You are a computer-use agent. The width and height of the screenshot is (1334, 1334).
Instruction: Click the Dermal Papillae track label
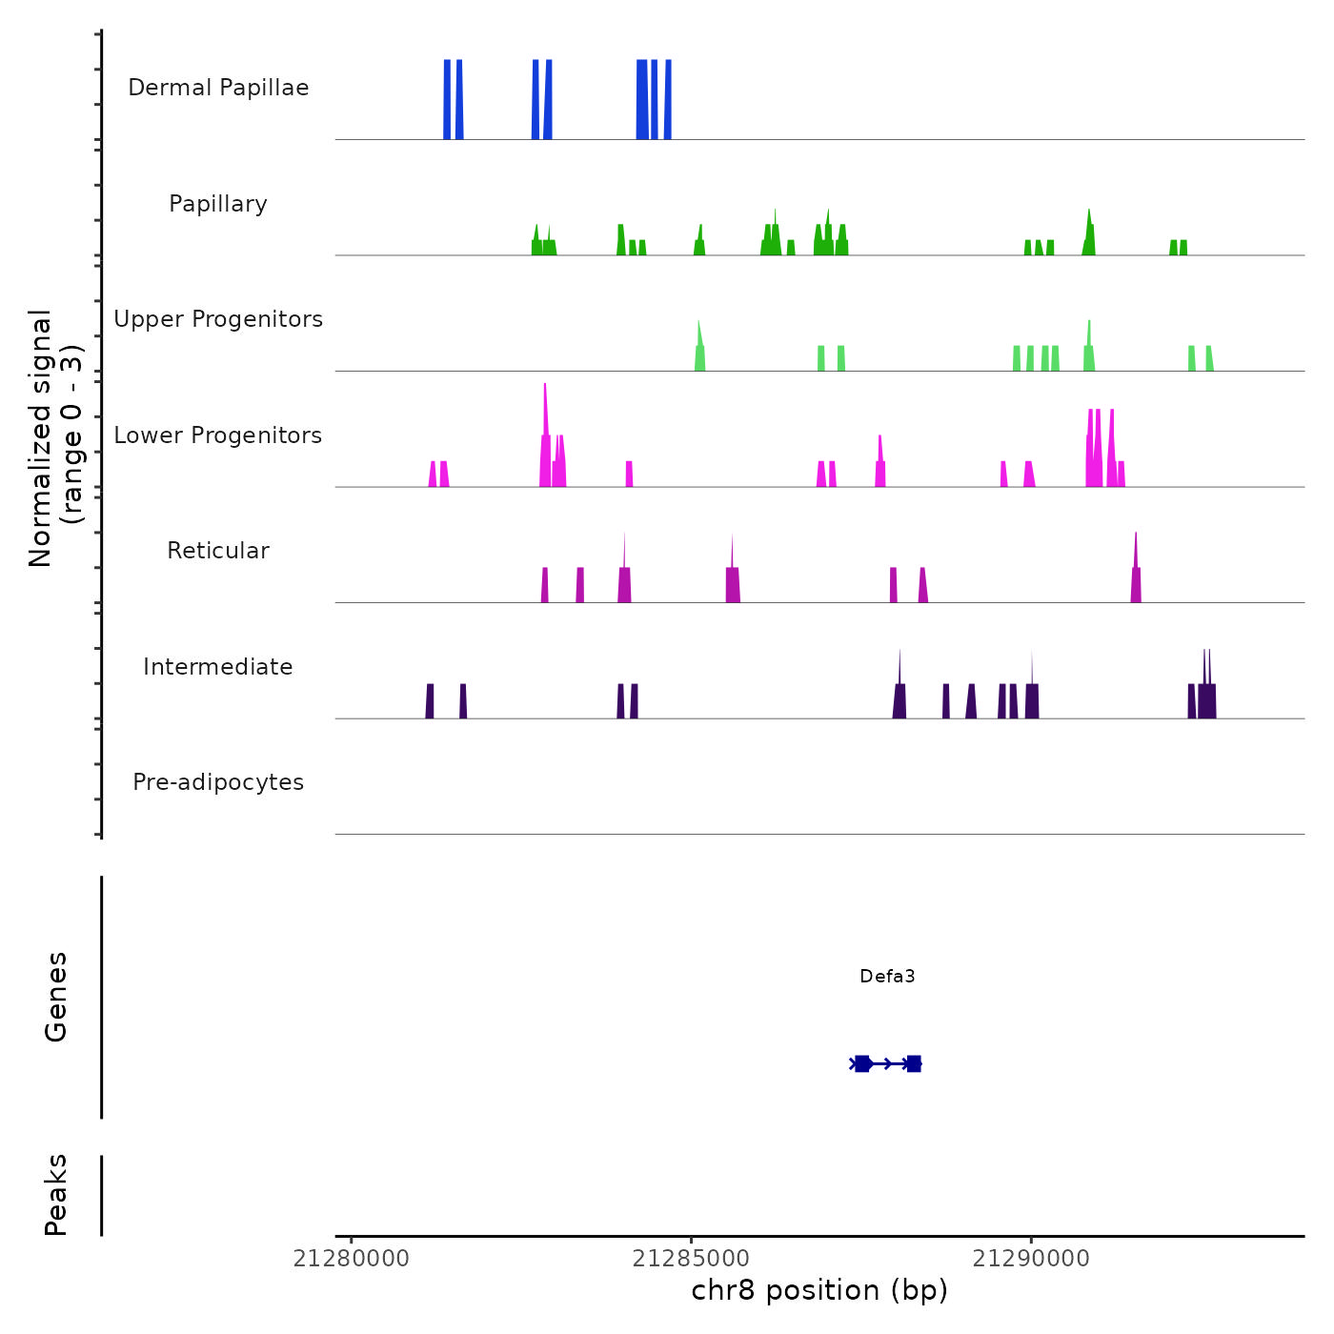coord(218,88)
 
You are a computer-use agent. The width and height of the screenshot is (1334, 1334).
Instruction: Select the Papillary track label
coord(218,204)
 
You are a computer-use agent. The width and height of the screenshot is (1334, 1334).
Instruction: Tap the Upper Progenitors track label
coord(218,319)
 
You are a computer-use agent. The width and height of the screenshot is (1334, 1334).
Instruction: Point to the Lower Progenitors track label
coord(218,435)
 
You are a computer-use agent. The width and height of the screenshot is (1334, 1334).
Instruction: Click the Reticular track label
coord(218,551)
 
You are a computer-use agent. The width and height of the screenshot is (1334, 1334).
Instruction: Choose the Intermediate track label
coord(218,667)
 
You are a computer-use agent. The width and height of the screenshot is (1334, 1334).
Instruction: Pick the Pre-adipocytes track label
coord(218,782)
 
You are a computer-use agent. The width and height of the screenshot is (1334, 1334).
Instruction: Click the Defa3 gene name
coord(887,976)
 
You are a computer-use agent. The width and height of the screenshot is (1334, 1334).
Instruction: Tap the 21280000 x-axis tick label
coord(352,1259)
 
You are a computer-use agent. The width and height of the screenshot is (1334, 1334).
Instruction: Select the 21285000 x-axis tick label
coord(691,1259)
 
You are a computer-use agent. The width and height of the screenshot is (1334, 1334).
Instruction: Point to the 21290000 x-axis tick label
coord(1031,1259)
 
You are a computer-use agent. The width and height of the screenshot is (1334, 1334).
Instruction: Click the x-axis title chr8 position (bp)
coord(819,1290)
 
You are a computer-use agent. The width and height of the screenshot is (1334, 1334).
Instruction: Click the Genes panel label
coord(56,997)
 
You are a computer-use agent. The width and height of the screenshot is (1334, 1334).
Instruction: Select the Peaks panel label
coord(56,1195)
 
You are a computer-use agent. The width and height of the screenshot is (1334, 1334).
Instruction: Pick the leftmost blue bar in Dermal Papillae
coord(447,100)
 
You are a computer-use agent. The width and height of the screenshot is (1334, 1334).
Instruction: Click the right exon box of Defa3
coord(914,1063)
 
